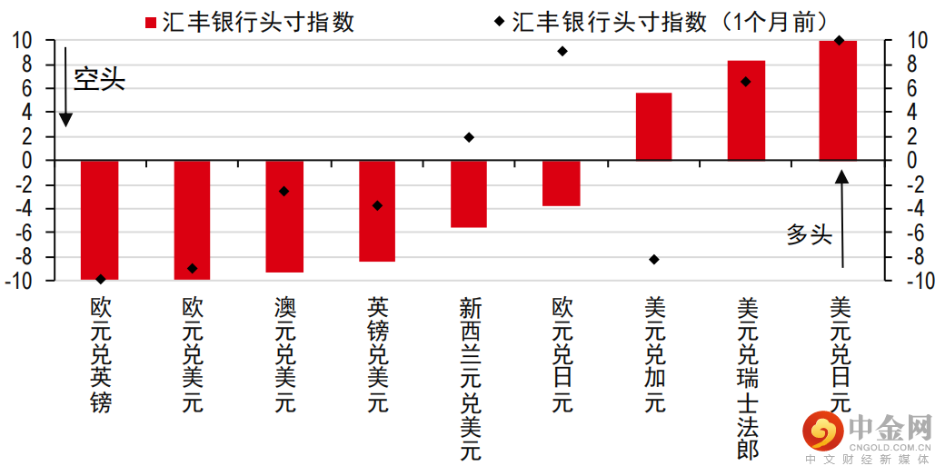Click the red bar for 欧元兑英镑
[x=100, y=219]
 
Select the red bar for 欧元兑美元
[x=192, y=219]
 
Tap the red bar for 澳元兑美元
[x=284, y=216]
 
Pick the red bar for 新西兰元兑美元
[x=469, y=193]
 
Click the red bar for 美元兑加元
[x=653, y=126]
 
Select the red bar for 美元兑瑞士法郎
[x=746, y=110]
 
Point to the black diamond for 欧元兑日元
[x=562, y=51]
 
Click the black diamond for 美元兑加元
[x=653, y=260]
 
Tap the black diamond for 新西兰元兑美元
[x=469, y=137]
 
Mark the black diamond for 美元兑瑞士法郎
[x=746, y=82]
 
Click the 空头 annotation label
[x=99, y=80]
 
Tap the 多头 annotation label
[x=809, y=234]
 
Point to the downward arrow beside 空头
[x=65, y=86]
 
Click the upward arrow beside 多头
[x=842, y=218]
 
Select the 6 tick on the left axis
[x=27, y=88]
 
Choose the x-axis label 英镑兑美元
[x=377, y=354]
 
